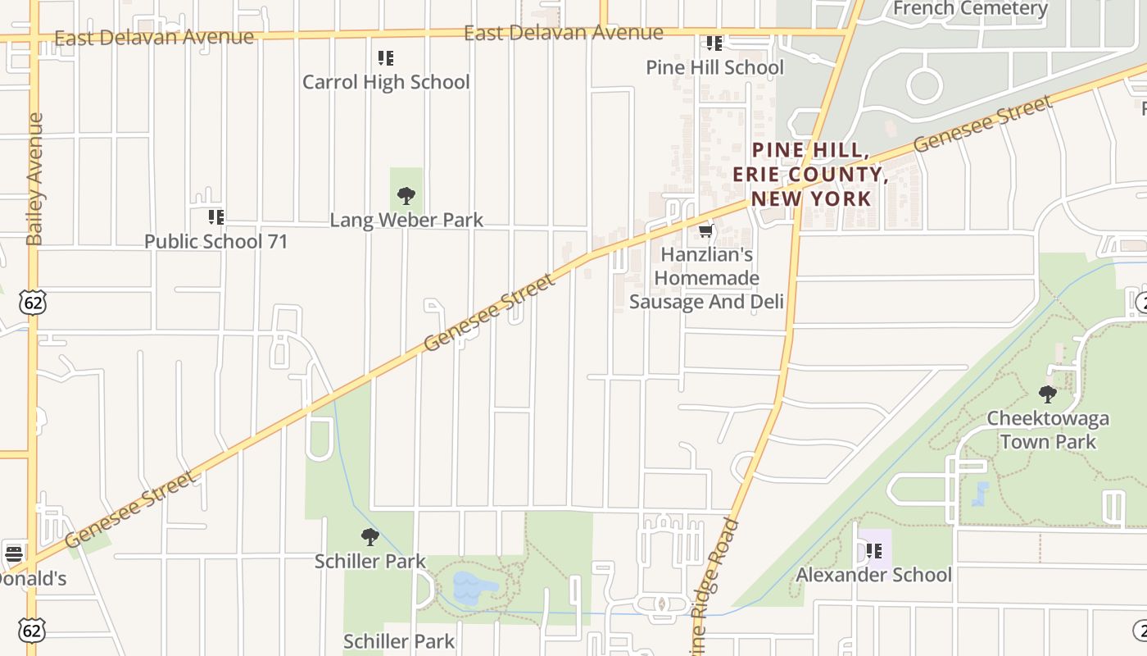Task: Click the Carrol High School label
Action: [386, 82]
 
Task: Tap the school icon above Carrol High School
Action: [385, 57]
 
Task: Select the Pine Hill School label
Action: [714, 67]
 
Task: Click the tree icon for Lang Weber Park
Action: [406, 196]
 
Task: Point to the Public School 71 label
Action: [216, 241]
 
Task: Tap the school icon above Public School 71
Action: [216, 217]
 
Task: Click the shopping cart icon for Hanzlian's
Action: [705, 232]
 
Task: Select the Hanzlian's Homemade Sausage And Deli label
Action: [706, 278]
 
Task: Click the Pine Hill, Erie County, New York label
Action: [810, 174]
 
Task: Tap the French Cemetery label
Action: [970, 9]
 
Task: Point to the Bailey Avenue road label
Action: [34, 179]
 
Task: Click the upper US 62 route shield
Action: [34, 303]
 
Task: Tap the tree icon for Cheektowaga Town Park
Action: [1047, 394]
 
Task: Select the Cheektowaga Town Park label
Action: [1047, 430]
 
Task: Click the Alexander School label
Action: [873, 574]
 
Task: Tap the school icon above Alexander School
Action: [874, 550]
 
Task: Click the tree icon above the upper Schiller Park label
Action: [370, 537]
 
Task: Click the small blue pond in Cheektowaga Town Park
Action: [981, 494]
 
